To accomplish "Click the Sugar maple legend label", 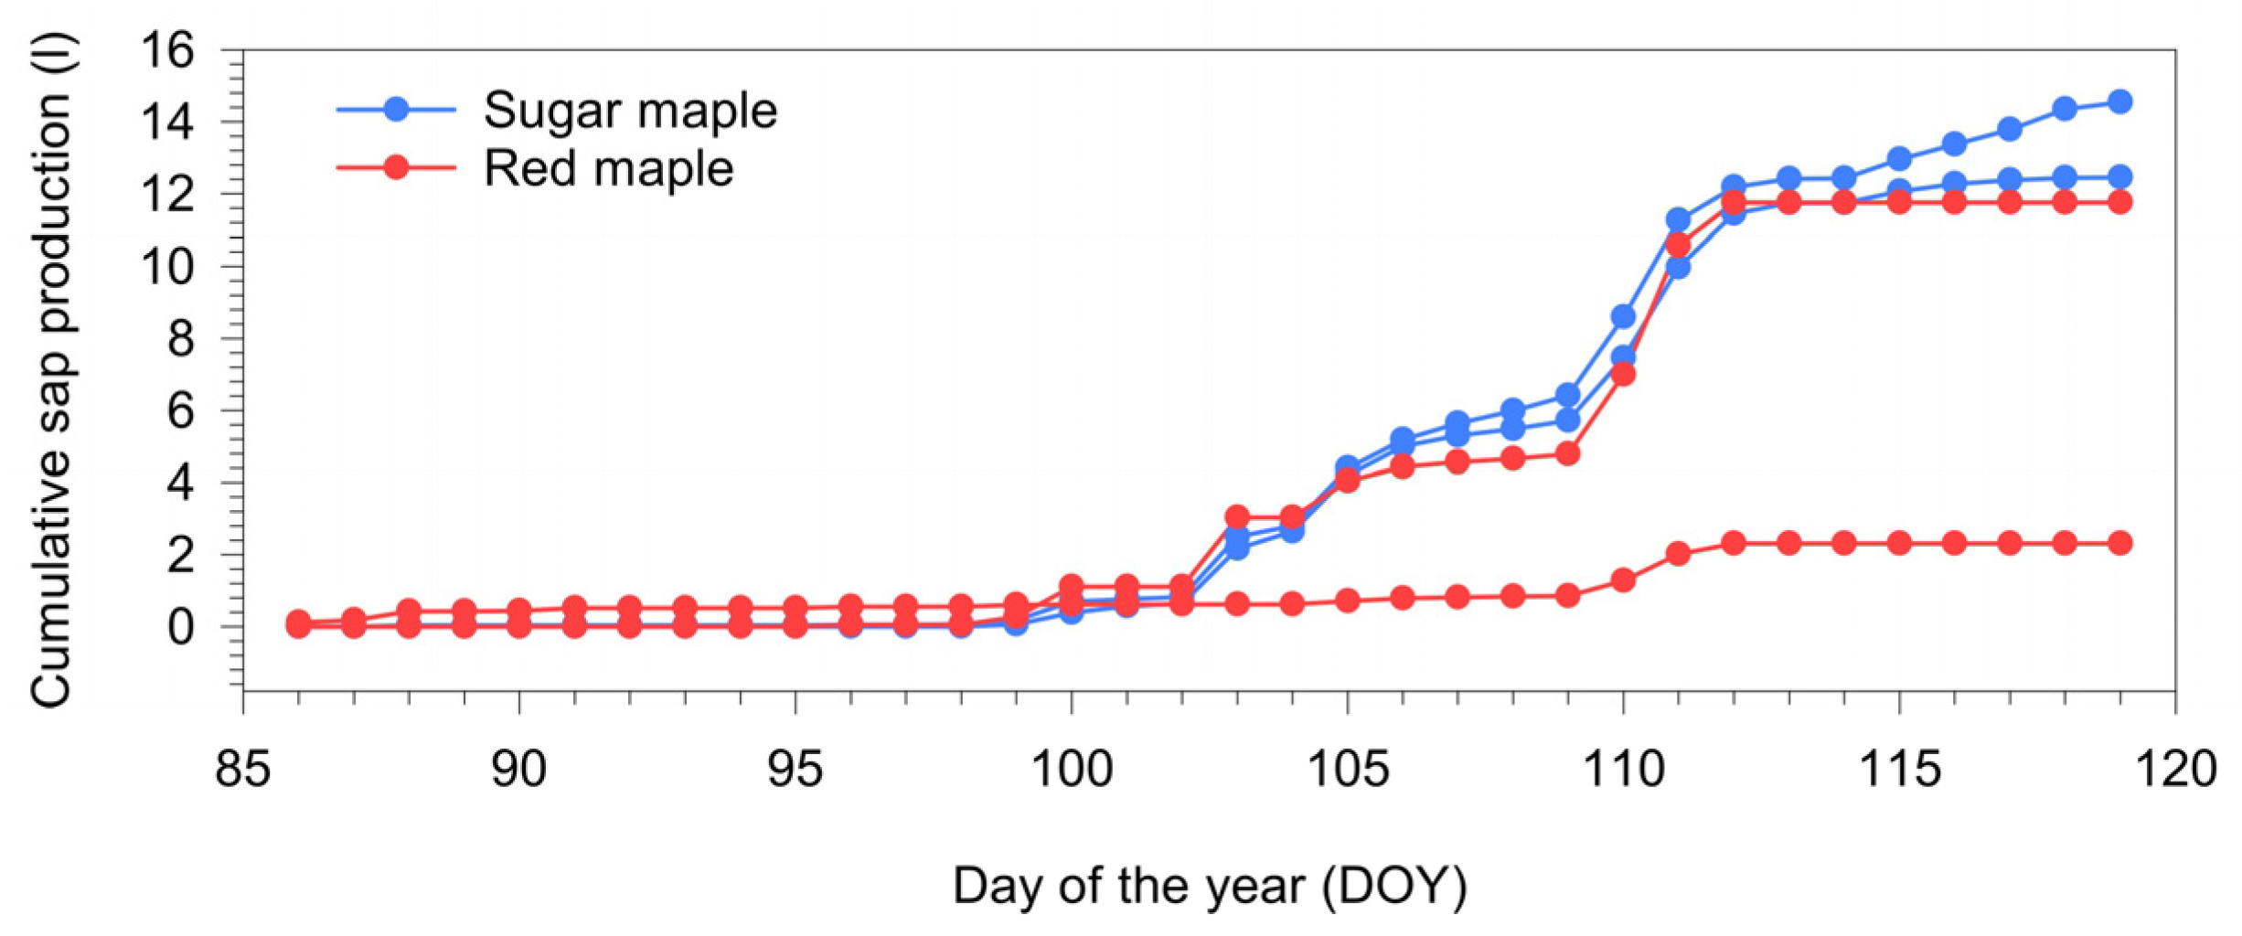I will click(629, 111).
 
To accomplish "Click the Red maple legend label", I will click(608, 169).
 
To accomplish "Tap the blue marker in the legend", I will click(396, 110).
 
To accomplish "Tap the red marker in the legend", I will click(396, 167).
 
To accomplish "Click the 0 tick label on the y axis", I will click(180, 627).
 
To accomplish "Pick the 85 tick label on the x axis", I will click(242, 768).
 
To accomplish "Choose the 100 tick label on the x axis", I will click(1071, 768).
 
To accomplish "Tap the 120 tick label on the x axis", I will click(2174, 768).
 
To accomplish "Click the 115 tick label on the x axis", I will click(1899, 768).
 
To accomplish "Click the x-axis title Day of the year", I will click(1210, 886).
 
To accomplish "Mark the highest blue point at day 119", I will click(2119, 101).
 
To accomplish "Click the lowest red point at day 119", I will click(2119, 543).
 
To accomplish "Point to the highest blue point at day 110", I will click(1623, 316).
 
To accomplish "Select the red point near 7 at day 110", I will click(1623, 374).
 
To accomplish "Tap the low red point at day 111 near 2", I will click(1678, 553).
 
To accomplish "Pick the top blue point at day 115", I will click(1899, 158).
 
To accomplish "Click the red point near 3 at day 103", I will click(1237, 516).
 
